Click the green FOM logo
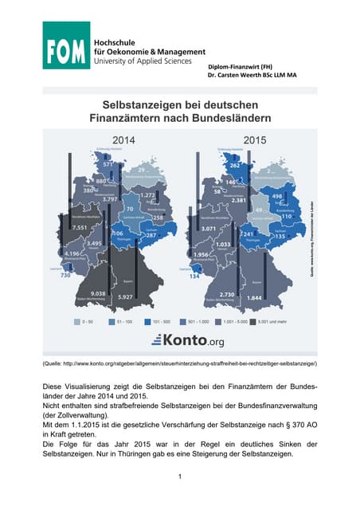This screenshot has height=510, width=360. tap(66, 45)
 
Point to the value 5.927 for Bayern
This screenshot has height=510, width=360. tap(124, 297)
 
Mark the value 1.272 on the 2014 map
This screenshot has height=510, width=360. tap(147, 195)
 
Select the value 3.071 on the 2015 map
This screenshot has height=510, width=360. tap(209, 228)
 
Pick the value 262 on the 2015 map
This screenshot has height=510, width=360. tap(234, 166)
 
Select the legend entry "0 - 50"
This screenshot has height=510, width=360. tap(92, 321)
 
